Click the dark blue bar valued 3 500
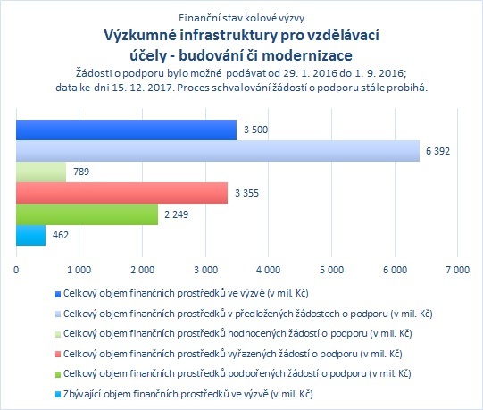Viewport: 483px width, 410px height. [x=126, y=130]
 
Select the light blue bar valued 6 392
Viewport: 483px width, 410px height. [x=218, y=151]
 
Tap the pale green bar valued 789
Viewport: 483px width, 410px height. [x=41, y=172]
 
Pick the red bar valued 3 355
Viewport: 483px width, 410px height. [x=121, y=193]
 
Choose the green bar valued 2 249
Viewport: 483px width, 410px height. [x=87, y=214]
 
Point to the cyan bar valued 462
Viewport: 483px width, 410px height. [x=31, y=235]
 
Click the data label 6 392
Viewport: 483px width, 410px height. [x=437, y=151]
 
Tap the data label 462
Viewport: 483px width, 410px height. [x=61, y=235]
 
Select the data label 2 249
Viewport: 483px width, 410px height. [x=176, y=214]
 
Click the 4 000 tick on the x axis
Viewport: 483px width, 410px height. [x=269, y=270]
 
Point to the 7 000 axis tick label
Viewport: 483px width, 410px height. [x=457, y=270]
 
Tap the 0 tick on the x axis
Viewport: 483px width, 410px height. [x=16, y=270]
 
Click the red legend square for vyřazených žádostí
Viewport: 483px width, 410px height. [x=58, y=355]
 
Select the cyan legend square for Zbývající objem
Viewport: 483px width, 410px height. [x=58, y=395]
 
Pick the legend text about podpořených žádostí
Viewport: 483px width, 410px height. [x=237, y=374]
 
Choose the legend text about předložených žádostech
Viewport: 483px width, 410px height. [x=248, y=314]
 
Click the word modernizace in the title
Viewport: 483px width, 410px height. [x=307, y=55]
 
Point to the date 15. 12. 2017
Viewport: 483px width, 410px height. [x=141, y=88]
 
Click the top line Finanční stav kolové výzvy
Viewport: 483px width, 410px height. [x=241, y=18]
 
